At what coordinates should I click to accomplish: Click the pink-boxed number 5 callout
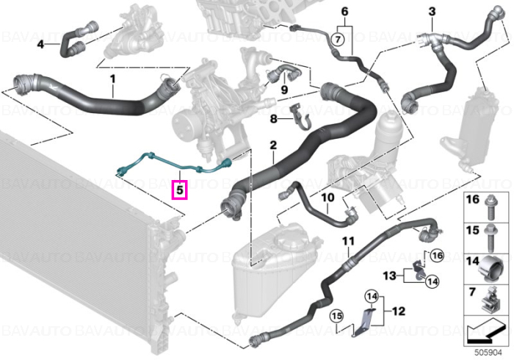(180, 190)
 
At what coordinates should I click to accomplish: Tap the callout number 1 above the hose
(113, 79)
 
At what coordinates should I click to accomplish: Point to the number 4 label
(40, 43)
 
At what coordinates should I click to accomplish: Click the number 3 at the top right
(432, 12)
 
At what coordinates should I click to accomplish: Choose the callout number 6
(344, 12)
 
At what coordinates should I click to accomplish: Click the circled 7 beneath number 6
(338, 40)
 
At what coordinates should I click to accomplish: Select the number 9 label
(284, 89)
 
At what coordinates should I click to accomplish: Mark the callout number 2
(273, 145)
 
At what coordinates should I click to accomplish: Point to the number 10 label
(327, 198)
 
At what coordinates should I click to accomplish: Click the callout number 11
(349, 241)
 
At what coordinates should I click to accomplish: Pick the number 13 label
(390, 276)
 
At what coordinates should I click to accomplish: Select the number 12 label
(399, 311)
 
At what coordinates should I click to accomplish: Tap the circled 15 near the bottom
(336, 316)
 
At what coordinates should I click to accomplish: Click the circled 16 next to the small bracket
(438, 256)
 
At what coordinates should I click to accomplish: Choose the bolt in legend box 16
(491, 208)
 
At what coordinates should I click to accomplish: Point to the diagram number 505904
(488, 353)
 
